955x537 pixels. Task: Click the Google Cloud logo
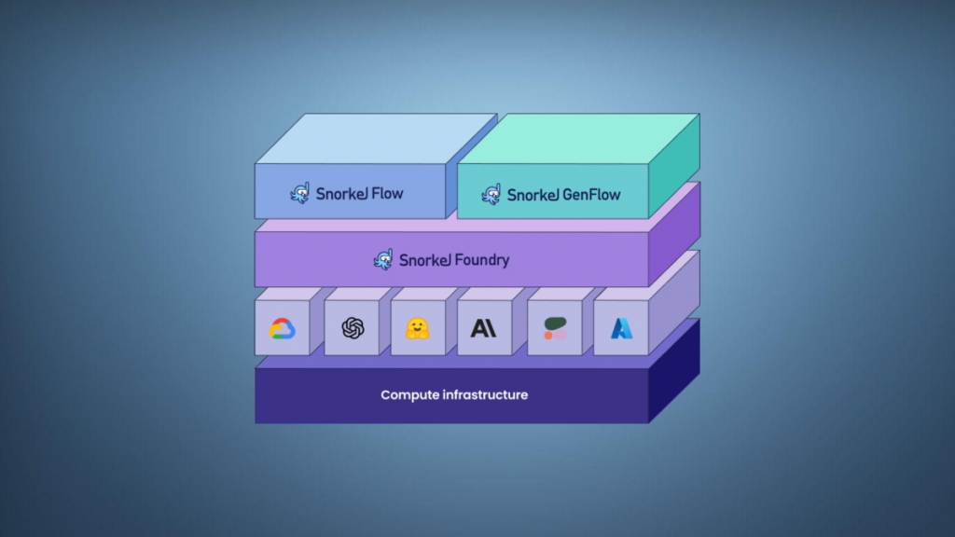[282, 328]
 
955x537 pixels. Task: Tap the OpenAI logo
[352, 328]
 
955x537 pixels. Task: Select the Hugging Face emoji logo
[417, 328]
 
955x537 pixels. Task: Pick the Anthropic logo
[483, 328]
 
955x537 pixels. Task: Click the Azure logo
[621, 328]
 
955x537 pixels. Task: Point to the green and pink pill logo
[555, 328]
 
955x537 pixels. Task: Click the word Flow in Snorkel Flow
[387, 194]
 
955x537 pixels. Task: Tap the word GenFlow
[591, 195]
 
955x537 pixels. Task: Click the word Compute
[411, 395]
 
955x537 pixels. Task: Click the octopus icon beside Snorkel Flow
[299, 194]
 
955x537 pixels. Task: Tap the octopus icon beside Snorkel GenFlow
[491, 194]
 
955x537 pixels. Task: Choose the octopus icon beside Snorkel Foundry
[383, 259]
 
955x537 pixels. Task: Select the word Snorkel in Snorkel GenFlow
[533, 195]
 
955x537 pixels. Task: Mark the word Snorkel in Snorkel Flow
[341, 194]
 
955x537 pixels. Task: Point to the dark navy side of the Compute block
[673, 373]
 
